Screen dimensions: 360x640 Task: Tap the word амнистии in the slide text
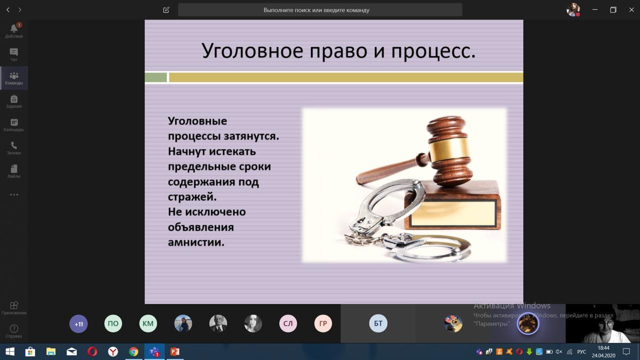[x=195, y=242]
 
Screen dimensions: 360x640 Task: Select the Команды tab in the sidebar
[x=14, y=78]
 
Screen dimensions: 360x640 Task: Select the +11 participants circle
[x=78, y=324]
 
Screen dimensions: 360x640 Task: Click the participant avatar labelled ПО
[x=113, y=324]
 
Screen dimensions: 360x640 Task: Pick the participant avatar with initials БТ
[x=378, y=324]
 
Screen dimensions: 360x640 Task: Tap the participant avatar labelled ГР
[x=323, y=324]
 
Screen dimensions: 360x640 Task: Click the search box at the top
[x=320, y=10]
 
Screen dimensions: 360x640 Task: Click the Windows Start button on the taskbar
[x=9, y=351]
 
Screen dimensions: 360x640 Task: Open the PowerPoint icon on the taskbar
[x=174, y=351]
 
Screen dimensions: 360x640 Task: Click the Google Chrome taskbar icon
[x=133, y=351]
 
